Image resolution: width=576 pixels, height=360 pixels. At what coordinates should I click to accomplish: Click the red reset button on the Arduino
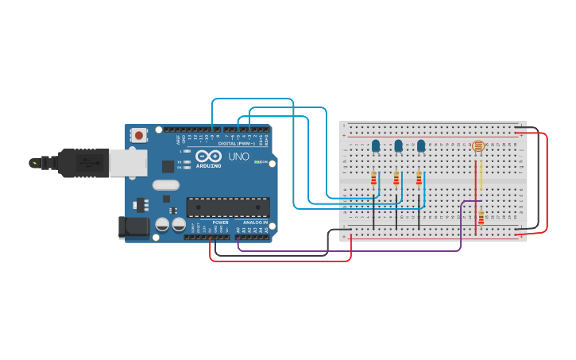(x=140, y=135)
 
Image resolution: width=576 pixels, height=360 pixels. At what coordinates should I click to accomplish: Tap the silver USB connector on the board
(x=127, y=162)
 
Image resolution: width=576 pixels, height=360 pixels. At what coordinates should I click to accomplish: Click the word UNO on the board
(x=238, y=157)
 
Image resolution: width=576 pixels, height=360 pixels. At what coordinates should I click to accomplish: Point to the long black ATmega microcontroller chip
(x=228, y=207)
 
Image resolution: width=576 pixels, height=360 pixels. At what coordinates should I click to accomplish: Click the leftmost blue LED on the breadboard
(x=375, y=145)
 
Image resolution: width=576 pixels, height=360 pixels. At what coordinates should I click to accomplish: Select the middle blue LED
(x=398, y=145)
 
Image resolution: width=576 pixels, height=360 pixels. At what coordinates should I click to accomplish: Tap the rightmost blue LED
(x=421, y=145)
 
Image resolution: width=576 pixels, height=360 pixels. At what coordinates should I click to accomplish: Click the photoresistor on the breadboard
(x=477, y=146)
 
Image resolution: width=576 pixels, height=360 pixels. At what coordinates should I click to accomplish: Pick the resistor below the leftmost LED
(x=373, y=179)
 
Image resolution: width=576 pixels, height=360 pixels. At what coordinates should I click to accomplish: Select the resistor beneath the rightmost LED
(x=419, y=179)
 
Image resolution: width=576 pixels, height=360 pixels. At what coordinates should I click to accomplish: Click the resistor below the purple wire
(x=481, y=216)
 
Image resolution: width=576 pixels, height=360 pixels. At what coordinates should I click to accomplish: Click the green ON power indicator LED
(x=258, y=162)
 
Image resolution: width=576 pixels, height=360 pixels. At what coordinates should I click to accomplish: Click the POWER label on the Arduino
(x=220, y=223)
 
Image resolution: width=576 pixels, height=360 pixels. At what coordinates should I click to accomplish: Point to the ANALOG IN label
(x=255, y=223)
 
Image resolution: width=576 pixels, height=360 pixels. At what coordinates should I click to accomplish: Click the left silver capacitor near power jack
(x=162, y=224)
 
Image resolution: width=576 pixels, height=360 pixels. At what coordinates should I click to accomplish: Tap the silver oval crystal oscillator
(x=166, y=185)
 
